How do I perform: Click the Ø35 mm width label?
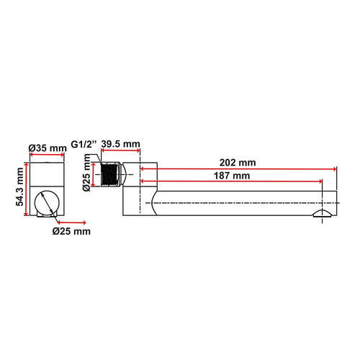coord(48,148)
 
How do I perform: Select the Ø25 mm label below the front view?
coord(71,231)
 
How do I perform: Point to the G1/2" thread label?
coord(84,145)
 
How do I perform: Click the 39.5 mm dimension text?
coord(120,145)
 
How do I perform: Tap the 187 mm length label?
coord(231,176)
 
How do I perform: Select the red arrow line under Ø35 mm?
coord(48,158)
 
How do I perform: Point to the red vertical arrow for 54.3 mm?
coord(29,189)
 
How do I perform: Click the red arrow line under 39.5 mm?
coord(120,154)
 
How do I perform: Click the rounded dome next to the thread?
coord(124,176)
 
